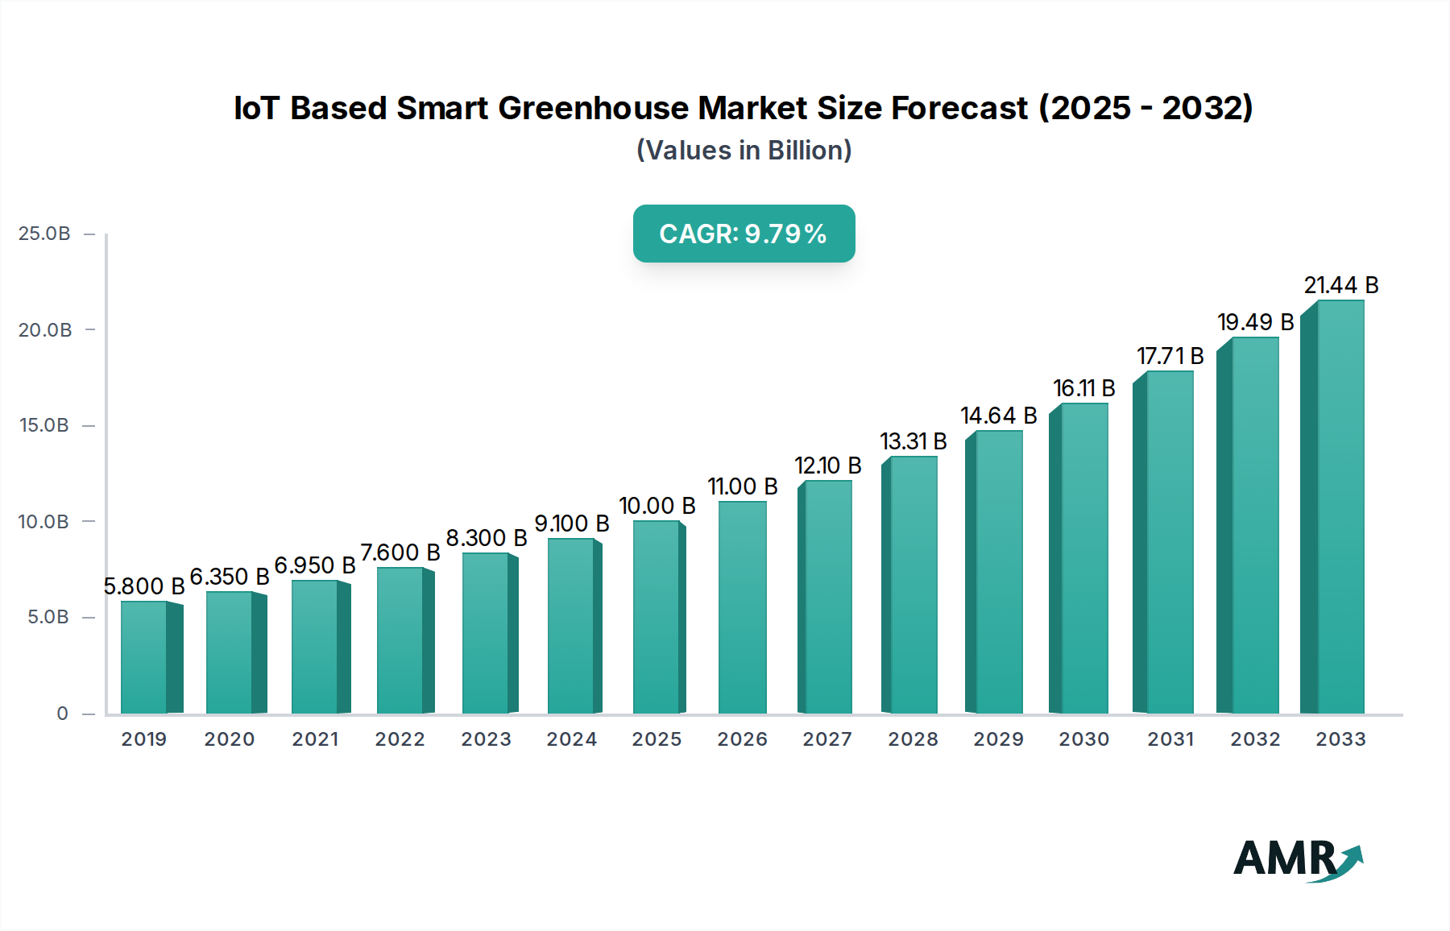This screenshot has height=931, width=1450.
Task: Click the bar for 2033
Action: pyautogui.click(x=1340, y=507)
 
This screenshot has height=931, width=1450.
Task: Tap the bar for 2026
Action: pyautogui.click(x=742, y=607)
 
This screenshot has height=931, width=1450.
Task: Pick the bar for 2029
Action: pyautogui.click(x=999, y=572)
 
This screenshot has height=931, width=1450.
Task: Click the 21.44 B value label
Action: pyautogui.click(x=1341, y=285)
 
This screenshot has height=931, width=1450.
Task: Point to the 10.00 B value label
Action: pyautogui.click(x=657, y=506)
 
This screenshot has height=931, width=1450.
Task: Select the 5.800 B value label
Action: pyautogui.click(x=144, y=586)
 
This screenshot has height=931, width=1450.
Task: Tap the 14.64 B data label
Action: pyautogui.click(x=998, y=416)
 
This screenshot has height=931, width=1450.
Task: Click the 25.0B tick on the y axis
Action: pyautogui.click(x=44, y=234)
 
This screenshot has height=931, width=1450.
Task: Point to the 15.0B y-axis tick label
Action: pyautogui.click(x=44, y=425)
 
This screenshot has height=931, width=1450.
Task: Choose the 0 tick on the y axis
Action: pyautogui.click(x=62, y=714)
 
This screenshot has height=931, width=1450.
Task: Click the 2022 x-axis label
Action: pyautogui.click(x=400, y=739)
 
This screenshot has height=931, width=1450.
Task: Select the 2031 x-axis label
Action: pyautogui.click(x=1170, y=739)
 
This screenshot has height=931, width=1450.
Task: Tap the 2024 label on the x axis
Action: pyautogui.click(x=571, y=739)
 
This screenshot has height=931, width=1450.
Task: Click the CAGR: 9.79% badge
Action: pyautogui.click(x=744, y=234)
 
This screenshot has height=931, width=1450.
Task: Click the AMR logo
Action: pyautogui.click(x=1297, y=859)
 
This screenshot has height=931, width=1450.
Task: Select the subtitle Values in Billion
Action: pyautogui.click(x=744, y=151)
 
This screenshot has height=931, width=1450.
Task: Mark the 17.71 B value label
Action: pyautogui.click(x=1170, y=356)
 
